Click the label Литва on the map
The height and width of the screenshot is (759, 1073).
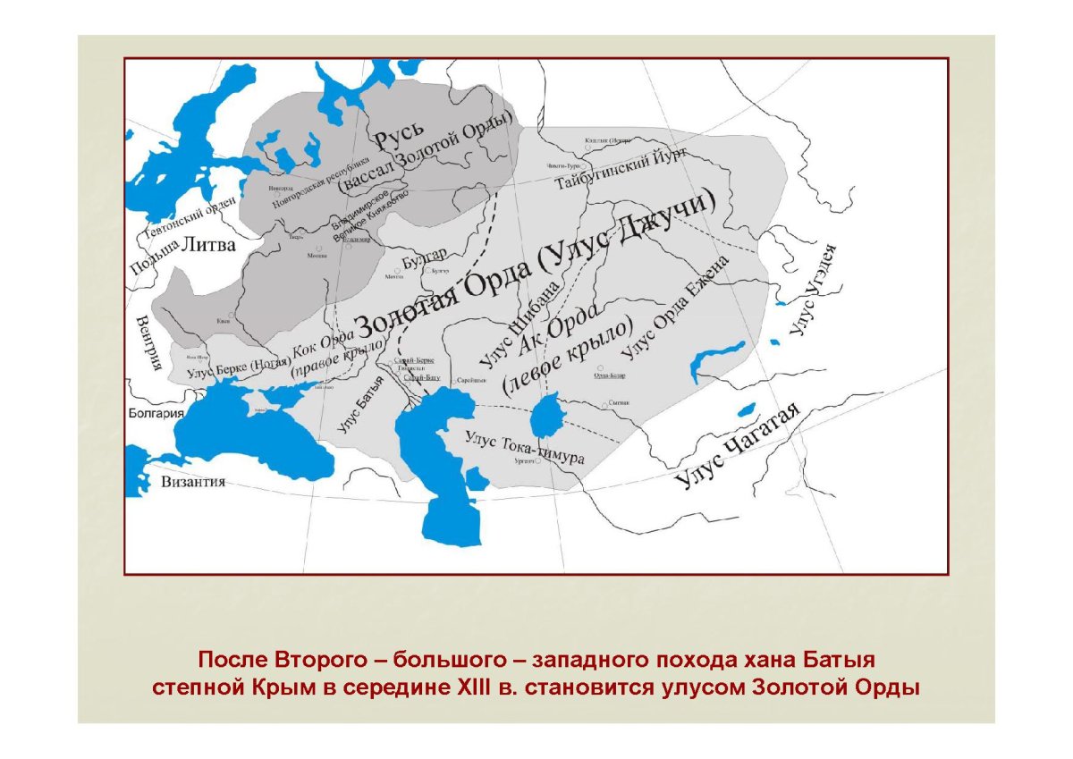click(208, 245)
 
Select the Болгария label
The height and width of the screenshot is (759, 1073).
click(154, 413)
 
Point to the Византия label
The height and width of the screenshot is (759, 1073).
click(192, 482)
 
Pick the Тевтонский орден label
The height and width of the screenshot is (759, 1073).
click(189, 218)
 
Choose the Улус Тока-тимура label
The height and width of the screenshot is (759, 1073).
click(525, 446)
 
